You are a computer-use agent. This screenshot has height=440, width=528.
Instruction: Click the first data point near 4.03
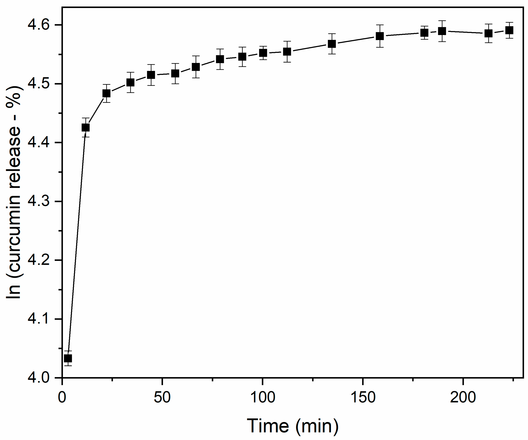68,358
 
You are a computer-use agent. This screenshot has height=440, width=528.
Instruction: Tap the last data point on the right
509,30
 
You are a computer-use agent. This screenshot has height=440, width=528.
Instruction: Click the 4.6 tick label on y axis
38,25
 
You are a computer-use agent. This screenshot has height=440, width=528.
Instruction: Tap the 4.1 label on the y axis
38,319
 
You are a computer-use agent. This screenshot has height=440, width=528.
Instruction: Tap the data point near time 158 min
380,36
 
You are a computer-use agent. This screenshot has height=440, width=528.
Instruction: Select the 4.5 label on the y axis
38,84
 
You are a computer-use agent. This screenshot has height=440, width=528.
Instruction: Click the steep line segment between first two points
77,243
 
